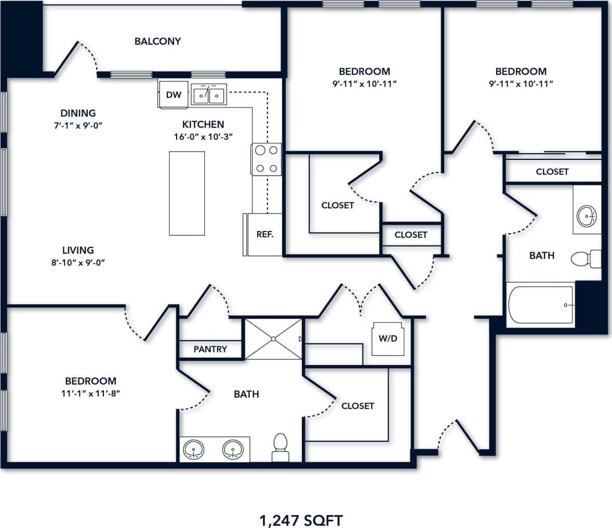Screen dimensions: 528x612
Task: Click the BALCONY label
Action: coord(157,41)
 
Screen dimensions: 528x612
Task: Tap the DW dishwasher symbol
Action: coord(174,94)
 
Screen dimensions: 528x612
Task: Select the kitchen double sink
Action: coord(208,95)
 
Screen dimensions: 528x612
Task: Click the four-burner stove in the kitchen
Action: coord(267,159)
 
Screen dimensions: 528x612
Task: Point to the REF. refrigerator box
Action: coord(264,234)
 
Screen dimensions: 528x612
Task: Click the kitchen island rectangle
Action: coord(187,193)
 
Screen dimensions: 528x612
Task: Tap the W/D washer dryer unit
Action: coord(388,339)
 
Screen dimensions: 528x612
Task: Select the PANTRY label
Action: coord(210,349)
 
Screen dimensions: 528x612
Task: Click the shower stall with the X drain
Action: coord(273,339)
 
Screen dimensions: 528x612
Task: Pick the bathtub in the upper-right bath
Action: coord(541,305)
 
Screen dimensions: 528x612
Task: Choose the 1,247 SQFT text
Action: coord(301,520)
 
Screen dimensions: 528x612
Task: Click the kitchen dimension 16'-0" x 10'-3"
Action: coord(203,137)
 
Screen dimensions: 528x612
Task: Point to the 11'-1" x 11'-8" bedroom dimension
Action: coord(90,394)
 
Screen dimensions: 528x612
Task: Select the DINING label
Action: coord(78,113)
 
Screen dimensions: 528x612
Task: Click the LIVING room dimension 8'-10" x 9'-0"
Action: coord(78,263)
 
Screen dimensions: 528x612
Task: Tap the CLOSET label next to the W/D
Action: coord(357,405)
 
